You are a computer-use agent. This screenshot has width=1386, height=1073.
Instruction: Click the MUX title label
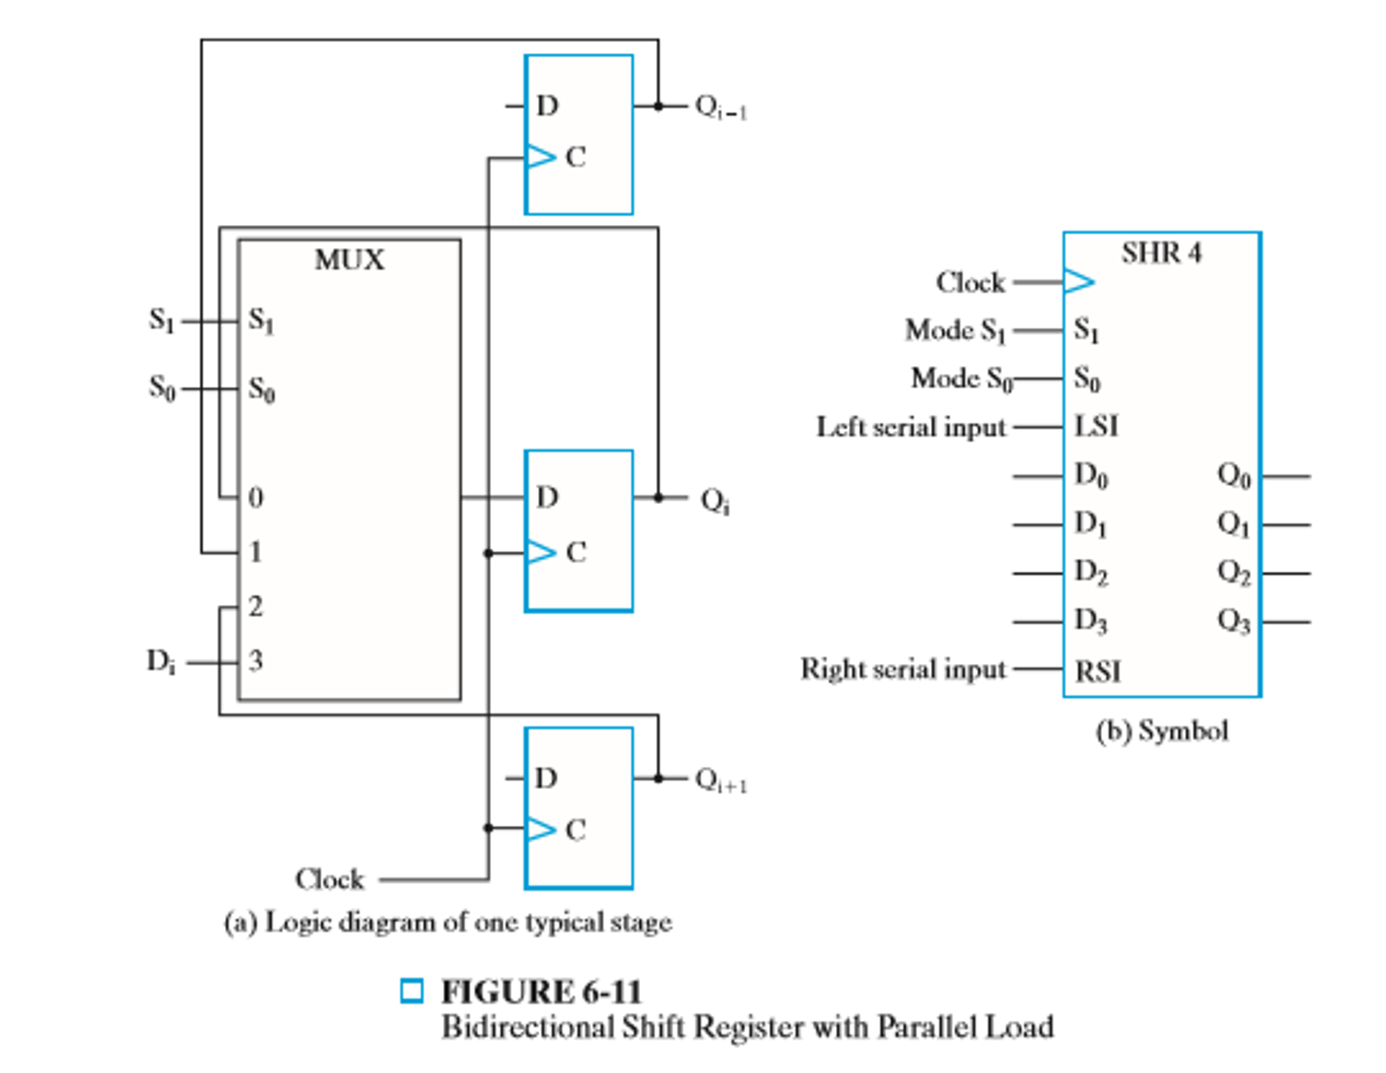point(349,260)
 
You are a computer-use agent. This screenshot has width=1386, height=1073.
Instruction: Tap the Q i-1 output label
point(721,108)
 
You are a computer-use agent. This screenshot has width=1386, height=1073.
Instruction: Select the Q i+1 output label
point(721,780)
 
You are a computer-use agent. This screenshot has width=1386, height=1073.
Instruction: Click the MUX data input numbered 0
point(255,498)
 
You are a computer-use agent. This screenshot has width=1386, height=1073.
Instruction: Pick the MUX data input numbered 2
point(255,606)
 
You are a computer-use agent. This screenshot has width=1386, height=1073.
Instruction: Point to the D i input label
point(161,661)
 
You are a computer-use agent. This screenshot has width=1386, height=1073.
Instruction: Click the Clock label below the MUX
point(329,879)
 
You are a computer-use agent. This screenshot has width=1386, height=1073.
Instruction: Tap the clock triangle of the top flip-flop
point(541,156)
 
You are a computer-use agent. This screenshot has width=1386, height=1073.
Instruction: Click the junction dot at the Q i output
point(658,498)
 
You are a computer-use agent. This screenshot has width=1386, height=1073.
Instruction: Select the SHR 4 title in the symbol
point(1161,253)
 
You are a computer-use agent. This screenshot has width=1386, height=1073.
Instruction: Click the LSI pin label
point(1096,427)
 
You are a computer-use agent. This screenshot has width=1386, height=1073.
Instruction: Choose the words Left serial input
point(910,427)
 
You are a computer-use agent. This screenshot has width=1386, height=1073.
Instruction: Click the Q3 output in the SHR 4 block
point(1233,620)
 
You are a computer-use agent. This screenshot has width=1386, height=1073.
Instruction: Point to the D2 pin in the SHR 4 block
point(1091,572)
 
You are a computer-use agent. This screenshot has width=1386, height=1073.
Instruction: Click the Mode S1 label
point(955,331)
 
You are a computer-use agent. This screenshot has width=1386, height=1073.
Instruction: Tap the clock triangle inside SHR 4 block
point(1078,282)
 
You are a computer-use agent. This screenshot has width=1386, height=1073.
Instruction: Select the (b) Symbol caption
point(1161,731)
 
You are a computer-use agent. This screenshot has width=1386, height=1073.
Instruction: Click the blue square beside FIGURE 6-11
point(411,991)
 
